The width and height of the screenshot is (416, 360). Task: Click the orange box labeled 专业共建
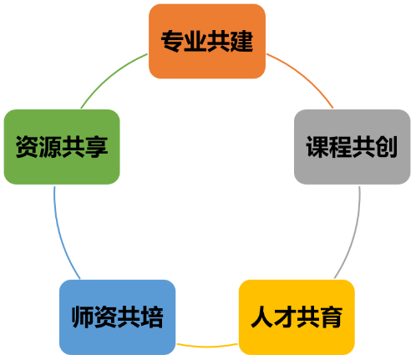pos(207,41)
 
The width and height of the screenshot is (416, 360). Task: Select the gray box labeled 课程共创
pos(353,147)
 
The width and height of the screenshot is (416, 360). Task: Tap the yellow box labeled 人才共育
pos(297,317)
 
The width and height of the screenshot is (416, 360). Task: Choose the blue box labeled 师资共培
pos(118,317)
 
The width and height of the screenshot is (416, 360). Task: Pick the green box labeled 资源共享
pos(62,147)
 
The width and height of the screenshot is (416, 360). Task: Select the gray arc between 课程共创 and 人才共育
pos(353,234)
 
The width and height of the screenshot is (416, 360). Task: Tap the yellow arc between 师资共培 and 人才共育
pos(207,346)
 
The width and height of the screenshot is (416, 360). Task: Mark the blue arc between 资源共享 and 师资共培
pos(61,234)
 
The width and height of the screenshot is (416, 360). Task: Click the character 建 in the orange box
pos(241,41)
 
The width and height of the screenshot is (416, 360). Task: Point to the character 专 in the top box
pos(172,41)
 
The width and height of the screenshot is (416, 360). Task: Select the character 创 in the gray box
pos(387,147)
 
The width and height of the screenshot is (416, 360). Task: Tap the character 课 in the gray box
pos(317,147)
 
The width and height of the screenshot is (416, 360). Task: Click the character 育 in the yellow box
pos(332,317)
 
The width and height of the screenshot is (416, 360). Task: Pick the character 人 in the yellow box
pos(262,317)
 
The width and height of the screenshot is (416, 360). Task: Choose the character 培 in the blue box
pos(152,317)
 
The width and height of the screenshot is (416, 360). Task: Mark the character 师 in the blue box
pos(83,317)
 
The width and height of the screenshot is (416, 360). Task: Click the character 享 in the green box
pos(96,147)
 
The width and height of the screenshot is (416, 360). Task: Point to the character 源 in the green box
pos(50,147)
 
